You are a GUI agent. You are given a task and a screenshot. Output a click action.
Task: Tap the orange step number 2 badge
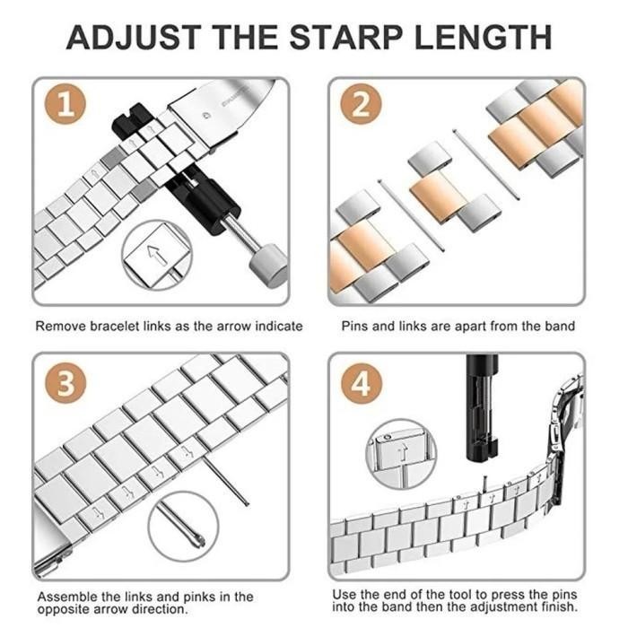[361, 106]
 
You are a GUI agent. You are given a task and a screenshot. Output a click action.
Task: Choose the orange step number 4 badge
[361, 384]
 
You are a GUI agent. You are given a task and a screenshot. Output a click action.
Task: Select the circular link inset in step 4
[401, 454]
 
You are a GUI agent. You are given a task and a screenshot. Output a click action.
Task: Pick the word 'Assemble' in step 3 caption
[67, 596]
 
